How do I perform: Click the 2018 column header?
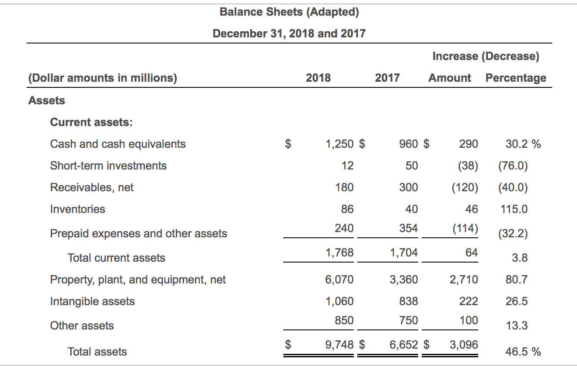coord(318,78)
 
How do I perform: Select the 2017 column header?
coord(387,78)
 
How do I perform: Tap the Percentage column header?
coord(516,78)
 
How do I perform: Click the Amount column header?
coord(450,78)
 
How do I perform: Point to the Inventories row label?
coord(77,209)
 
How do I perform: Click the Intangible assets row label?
coord(92,301)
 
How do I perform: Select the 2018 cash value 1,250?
coord(340,144)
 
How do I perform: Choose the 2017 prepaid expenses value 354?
coord(408,228)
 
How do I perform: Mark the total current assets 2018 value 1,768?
coord(339,253)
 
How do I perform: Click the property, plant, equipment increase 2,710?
coord(463,279)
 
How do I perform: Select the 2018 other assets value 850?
coord(344,320)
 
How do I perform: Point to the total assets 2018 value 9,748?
coord(339,345)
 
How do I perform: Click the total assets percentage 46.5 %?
coord(523,352)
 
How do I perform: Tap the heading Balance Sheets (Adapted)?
coord(289,12)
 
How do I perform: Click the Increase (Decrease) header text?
coord(486,56)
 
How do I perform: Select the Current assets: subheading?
coord(91,122)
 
